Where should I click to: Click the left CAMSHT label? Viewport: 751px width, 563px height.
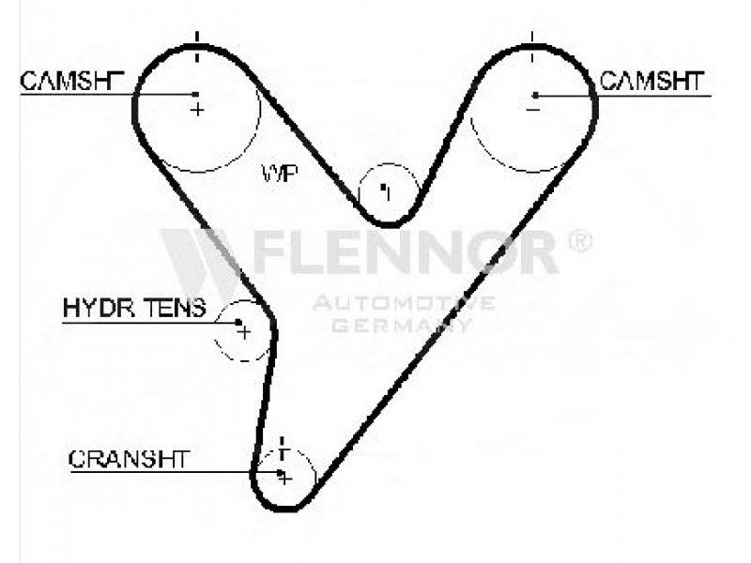pyautogui.click(x=72, y=81)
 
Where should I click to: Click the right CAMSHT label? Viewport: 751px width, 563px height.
pyautogui.click(x=651, y=81)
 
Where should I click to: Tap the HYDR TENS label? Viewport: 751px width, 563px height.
pyautogui.click(x=134, y=308)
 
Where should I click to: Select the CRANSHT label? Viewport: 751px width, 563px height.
pyautogui.click(x=129, y=459)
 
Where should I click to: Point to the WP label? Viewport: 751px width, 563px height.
pyautogui.click(x=280, y=173)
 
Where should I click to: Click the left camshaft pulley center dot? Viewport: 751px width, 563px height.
pyautogui.click(x=195, y=95)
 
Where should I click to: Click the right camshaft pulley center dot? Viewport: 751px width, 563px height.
pyautogui.click(x=535, y=96)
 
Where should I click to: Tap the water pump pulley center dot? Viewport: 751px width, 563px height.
pyautogui.click(x=383, y=187)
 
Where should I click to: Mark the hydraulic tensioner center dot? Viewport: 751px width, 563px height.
pyautogui.click(x=238, y=322)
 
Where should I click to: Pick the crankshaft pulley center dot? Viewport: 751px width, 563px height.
pyautogui.click(x=280, y=473)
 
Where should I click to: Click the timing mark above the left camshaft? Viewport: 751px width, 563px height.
pyautogui.click(x=197, y=46)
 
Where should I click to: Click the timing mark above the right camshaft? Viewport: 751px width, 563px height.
pyautogui.click(x=532, y=46)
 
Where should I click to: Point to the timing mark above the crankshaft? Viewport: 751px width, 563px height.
pyautogui.click(x=283, y=449)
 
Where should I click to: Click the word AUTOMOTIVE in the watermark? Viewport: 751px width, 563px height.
pyautogui.click(x=404, y=302)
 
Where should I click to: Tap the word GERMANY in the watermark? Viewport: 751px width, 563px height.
pyautogui.click(x=402, y=325)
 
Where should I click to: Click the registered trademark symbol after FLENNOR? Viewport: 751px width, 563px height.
pyautogui.click(x=580, y=241)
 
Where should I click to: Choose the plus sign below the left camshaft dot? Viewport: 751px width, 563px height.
pyautogui.click(x=197, y=110)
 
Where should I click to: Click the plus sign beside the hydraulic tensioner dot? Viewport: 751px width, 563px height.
pyautogui.click(x=244, y=332)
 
